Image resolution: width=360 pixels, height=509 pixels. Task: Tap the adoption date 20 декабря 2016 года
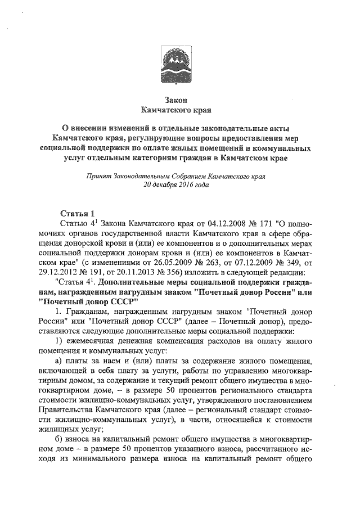coord(179,185)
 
